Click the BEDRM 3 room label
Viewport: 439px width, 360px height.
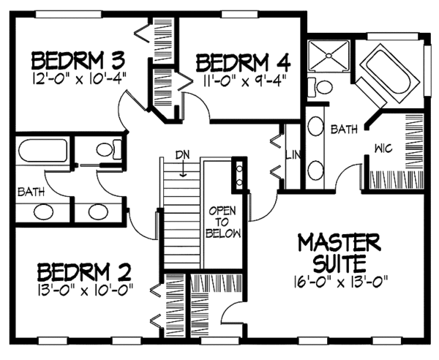point(78,60)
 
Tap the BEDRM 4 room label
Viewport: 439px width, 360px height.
point(243,63)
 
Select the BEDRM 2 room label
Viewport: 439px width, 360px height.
point(84,271)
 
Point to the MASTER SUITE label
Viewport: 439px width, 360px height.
point(339,253)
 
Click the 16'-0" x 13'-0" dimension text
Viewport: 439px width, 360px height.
point(340,282)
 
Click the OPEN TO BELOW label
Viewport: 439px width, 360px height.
point(223,222)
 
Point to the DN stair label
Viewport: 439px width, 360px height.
point(182,154)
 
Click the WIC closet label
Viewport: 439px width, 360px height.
point(383,148)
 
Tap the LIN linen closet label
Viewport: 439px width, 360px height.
point(293,155)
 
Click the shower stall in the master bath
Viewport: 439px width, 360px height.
point(329,56)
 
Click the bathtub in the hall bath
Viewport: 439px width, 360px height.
point(42,150)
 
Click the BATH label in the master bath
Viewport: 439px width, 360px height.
point(344,130)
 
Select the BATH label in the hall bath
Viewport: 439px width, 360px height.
point(31,192)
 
